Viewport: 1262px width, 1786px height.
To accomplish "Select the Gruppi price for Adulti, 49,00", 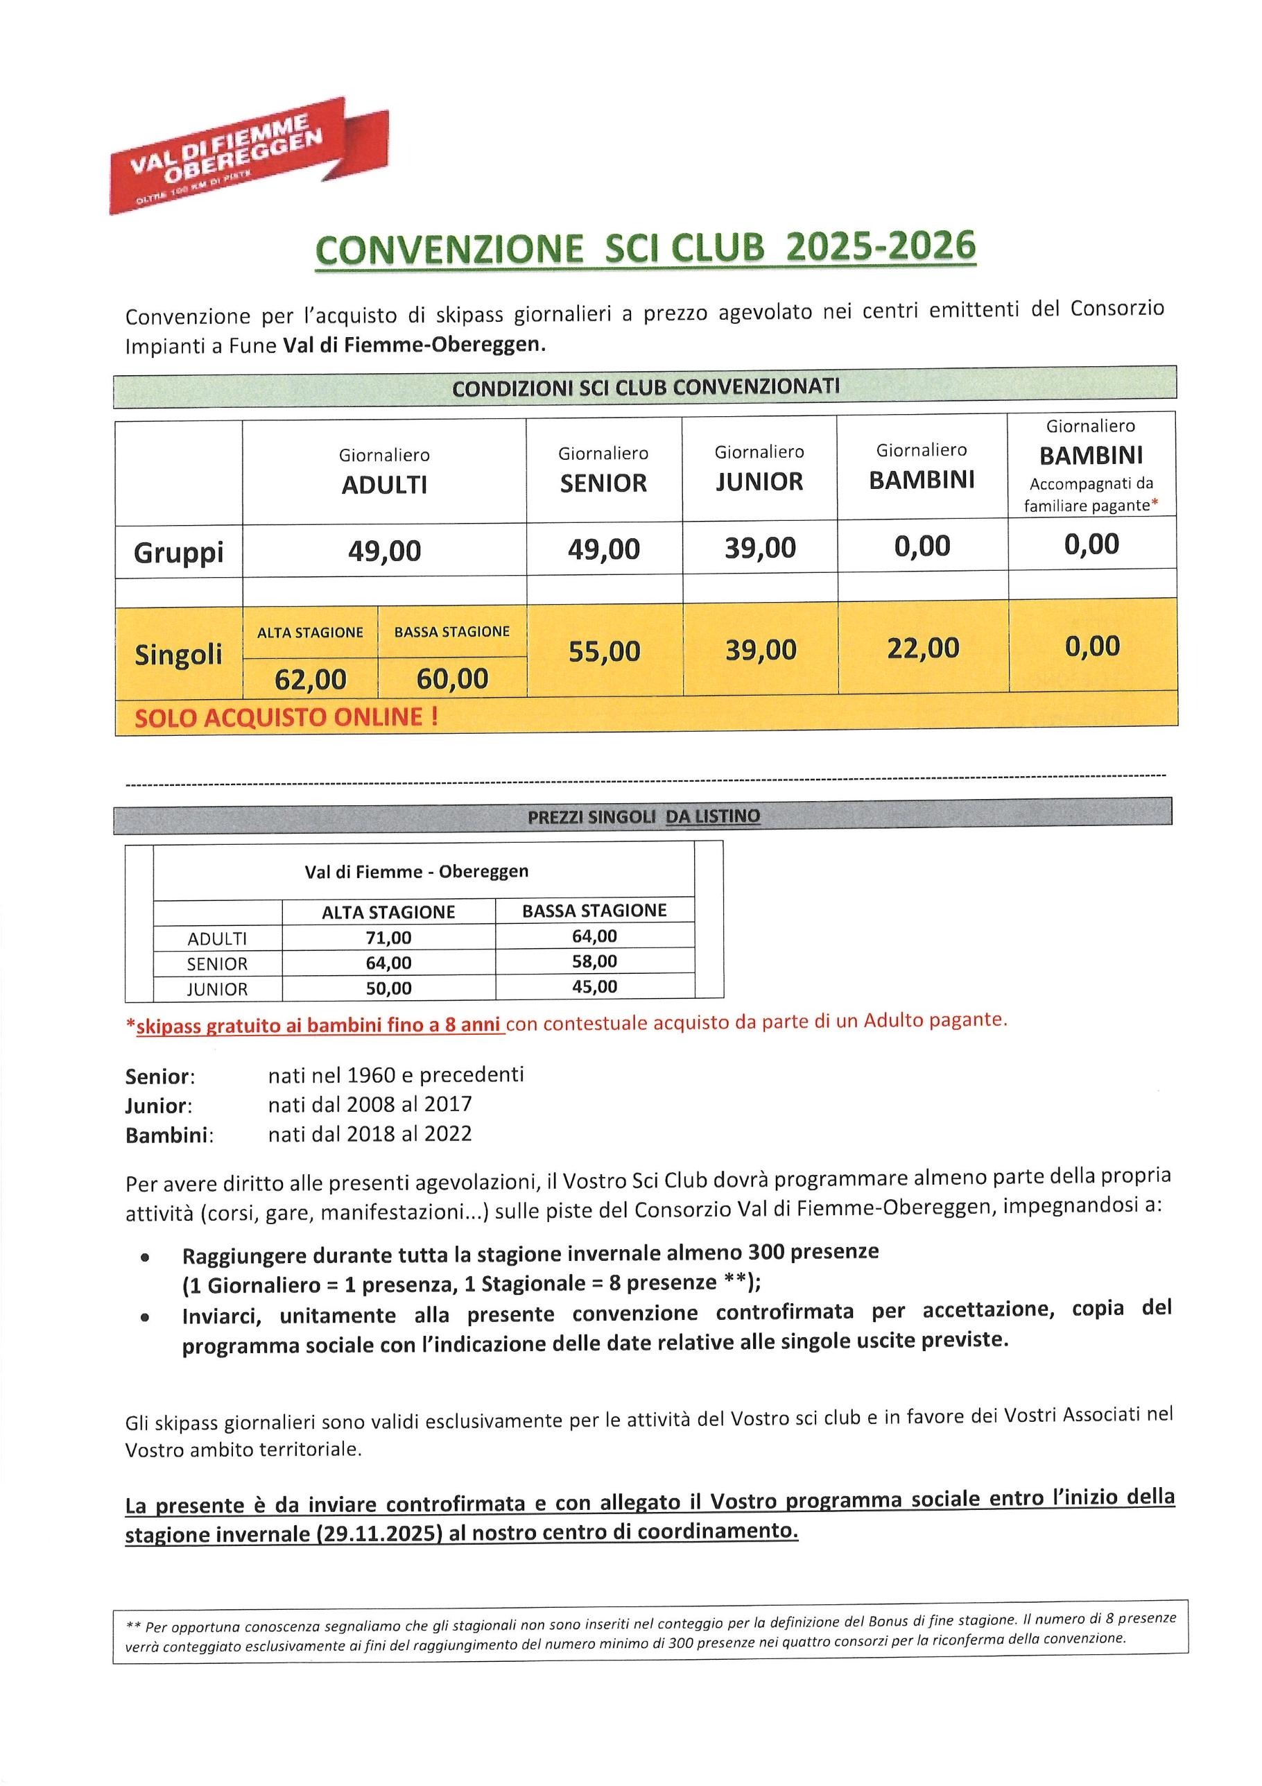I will [x=384, y=551].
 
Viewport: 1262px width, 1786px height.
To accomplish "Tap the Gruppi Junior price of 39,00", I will [x=760, y=548].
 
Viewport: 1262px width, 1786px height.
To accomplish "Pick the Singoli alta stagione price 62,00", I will [x=310, y=680].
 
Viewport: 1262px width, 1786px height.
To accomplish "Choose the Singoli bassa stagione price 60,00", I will [x=452, y=678].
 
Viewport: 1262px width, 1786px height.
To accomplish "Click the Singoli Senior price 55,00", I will [x=603, y=651].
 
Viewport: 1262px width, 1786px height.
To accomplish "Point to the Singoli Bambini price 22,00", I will [x=923, y=647].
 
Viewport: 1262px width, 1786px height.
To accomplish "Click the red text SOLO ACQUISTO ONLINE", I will [x=286, y=716].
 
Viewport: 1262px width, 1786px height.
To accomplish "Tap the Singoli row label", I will [x=178, y=654].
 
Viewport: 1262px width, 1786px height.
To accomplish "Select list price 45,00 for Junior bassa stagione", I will [x=594, y=987].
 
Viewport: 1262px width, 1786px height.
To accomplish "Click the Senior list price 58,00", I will [x=594, y=961].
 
